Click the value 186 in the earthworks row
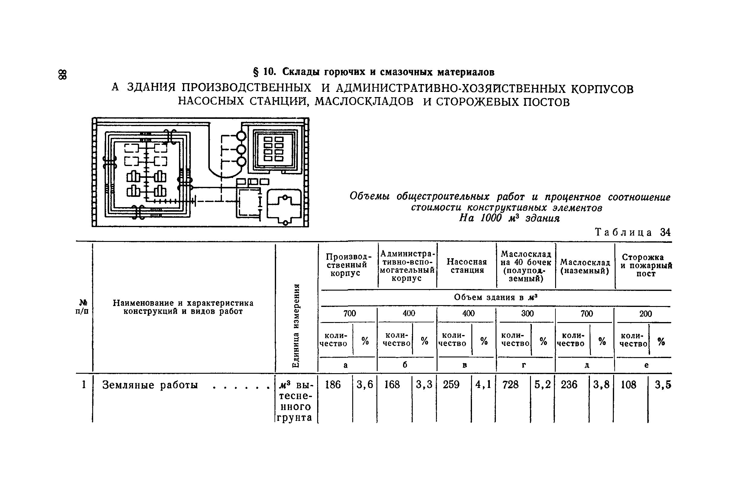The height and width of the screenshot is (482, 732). (x=333, y=385)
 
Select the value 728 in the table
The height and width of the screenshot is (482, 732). (x=510, y=385)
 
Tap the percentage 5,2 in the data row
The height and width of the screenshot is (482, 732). (x=542, y=385)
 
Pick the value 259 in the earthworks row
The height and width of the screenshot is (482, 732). (x=451, y=385)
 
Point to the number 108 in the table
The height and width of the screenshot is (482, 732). (x=628, y=385)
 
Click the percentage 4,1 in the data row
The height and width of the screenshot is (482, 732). (x=483, y=385)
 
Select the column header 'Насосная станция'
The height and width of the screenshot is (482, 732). (x=467, y=266)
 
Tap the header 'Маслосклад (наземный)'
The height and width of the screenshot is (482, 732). (x=585, y=266)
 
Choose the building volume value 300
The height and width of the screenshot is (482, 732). (x=528, y=314)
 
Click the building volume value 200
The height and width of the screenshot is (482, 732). (x=646, y=314)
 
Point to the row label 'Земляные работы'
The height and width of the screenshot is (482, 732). (x=150, y=385)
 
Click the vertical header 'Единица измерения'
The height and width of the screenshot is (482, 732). (x=296, y=325)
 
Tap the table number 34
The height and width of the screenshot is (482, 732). (x=665, y=232)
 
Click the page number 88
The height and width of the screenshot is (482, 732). (x=63, y=75)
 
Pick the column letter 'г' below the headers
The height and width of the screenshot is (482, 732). (x=524, y=365)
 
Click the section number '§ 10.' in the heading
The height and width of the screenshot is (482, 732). (x=264, y=72)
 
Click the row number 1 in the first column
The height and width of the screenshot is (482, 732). (x=84, y=385)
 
